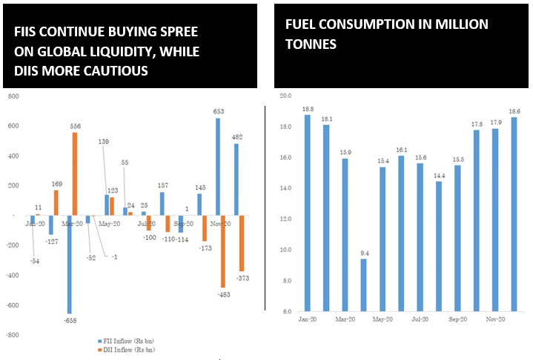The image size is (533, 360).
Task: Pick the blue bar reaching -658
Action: point(68,264)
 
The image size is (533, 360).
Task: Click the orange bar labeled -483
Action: point(223,252)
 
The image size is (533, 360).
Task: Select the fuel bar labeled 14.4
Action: point(438,246)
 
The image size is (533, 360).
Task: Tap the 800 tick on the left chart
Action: point(10,96)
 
